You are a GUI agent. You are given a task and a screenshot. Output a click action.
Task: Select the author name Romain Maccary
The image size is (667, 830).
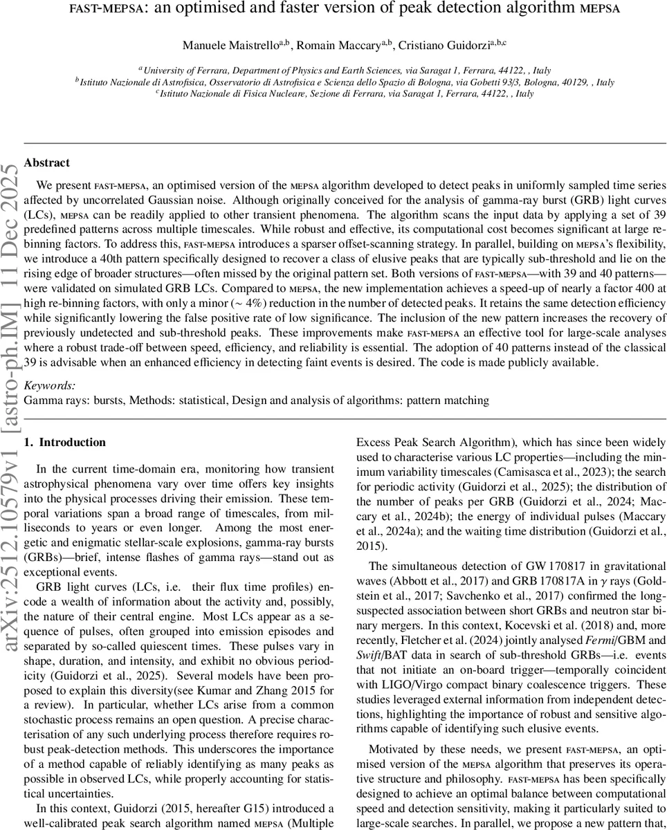coord(324,46)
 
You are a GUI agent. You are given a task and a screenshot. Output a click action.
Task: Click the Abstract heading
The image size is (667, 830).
coord(46,163)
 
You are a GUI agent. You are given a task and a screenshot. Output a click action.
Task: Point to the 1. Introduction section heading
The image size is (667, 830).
coord(64,443)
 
